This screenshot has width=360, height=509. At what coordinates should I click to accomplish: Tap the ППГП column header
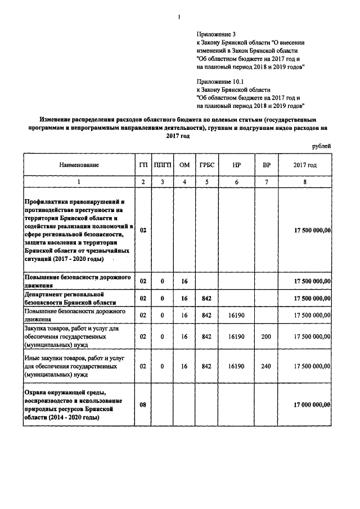[162, 165]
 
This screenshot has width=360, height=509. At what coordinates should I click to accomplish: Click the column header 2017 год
[304, 165]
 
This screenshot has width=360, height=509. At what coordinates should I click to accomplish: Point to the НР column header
[236, 165]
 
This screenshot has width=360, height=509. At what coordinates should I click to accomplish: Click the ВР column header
[266, 165]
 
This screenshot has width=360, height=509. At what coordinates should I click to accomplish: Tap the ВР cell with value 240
[266, 366]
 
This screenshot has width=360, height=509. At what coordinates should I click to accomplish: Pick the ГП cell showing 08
[143, 404]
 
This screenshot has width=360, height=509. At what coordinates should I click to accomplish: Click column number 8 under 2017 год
[304, 182]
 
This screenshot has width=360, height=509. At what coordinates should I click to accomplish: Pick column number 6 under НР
[236, 182]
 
